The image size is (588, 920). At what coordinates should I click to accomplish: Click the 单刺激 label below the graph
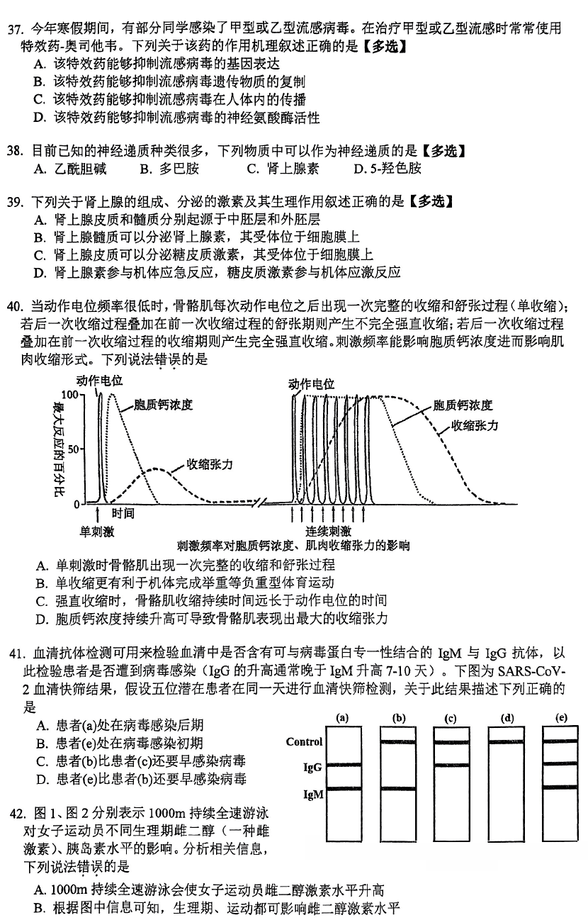tap(96, 531)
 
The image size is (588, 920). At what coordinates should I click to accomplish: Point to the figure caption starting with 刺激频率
tap(293, 546)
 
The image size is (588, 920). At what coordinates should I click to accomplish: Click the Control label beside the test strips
tap(304, 742)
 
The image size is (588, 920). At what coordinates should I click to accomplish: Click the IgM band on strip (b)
tap(397, 789)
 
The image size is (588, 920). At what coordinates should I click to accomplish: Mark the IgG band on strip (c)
tap(451, 765)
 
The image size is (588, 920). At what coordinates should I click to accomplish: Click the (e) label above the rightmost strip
tap(561, 717)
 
